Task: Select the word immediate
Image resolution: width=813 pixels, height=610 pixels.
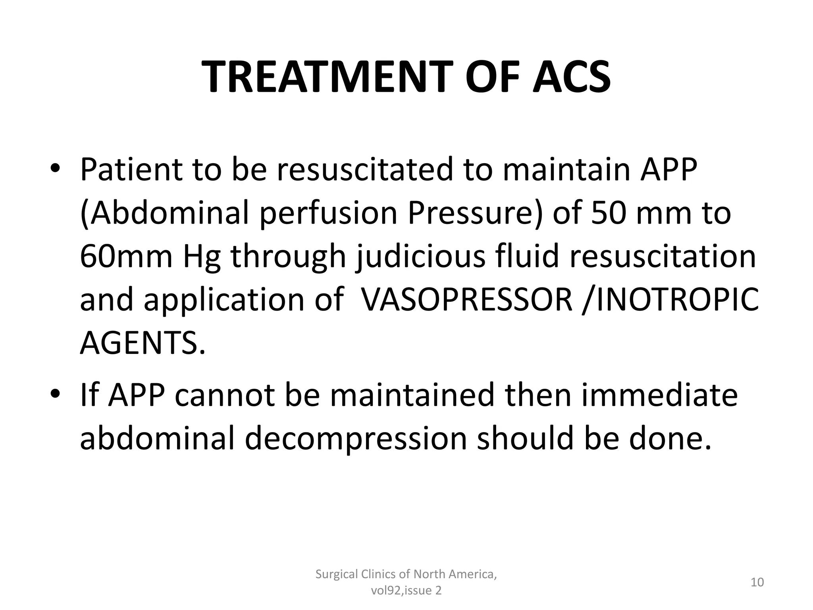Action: [659, 396]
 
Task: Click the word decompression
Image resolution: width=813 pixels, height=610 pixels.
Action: [356, 439]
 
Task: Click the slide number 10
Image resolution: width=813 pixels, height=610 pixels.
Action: [757, 582]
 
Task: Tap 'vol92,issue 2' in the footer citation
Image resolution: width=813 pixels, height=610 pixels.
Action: [406, 591]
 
